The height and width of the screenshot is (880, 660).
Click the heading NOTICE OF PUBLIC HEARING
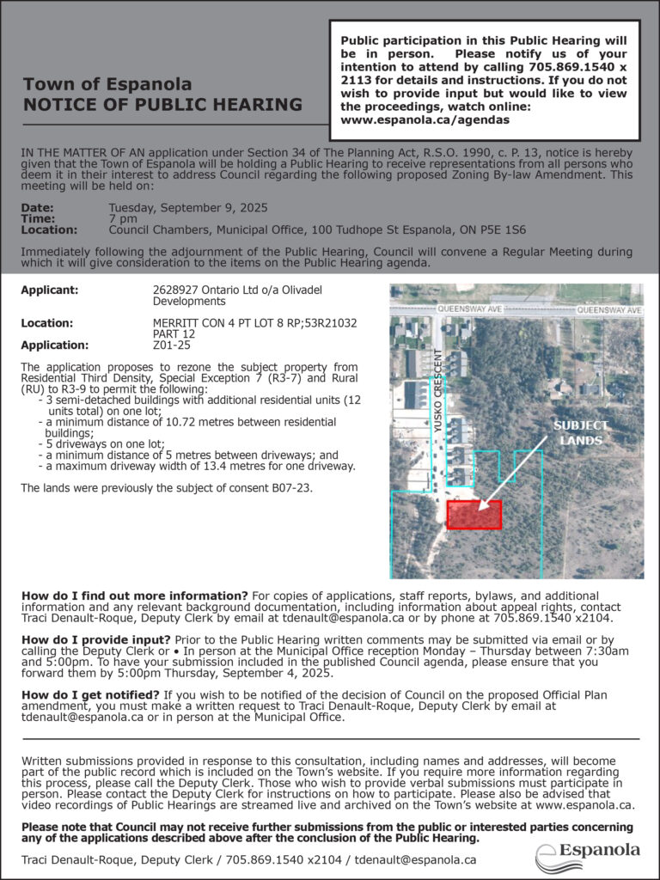[x=162, y=105]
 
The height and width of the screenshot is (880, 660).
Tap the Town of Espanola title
[x=107, y=84]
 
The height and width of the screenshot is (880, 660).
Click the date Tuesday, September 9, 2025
[x=188, y=208]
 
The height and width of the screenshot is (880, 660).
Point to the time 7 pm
[x=121, y=219]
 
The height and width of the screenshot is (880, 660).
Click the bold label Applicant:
[x=49, y=290]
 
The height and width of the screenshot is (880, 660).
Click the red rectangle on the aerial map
[x=474, y=515]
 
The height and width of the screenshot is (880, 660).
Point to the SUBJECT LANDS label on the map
[x=580, y=433]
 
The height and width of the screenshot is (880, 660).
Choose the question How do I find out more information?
[x=134, y=596]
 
